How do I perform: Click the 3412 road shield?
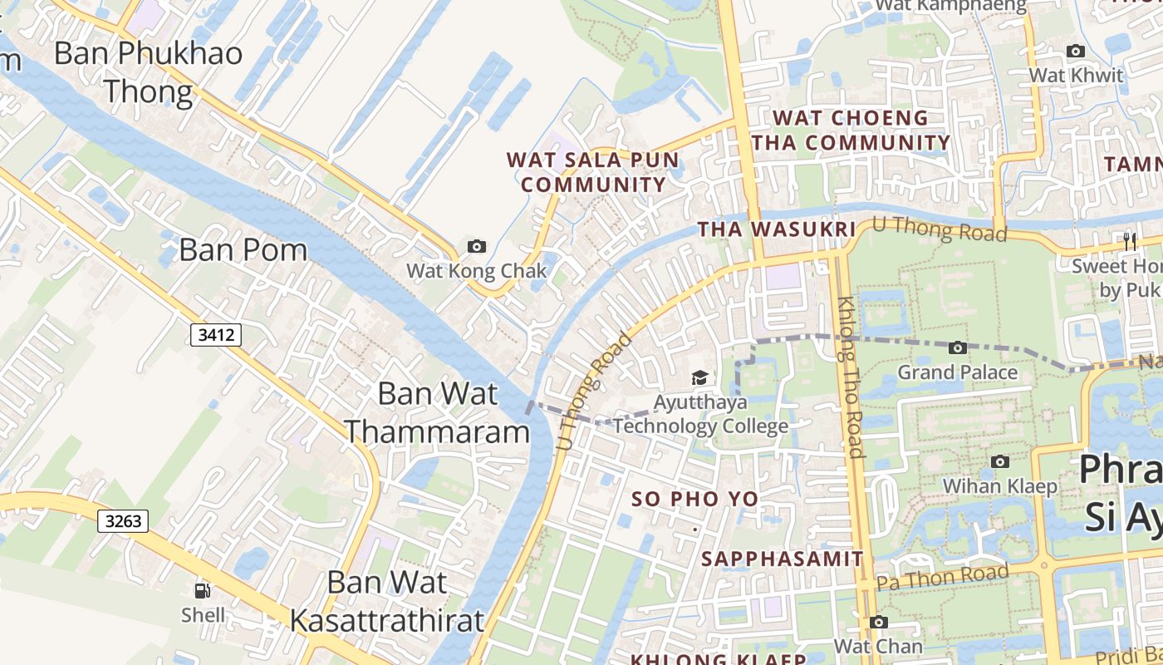click(x=215, y=335)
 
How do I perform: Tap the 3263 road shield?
click(x=123, y=521)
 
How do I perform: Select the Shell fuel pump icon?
click(x=202, y=591)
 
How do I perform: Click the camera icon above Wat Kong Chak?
click(x=476, y=246)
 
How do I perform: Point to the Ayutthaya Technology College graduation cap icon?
click(x=699, y=378)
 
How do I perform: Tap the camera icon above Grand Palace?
click(x=957, y=347)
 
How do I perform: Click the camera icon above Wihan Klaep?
click(x=1000, y=461)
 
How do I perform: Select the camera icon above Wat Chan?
click(x=878, y=622)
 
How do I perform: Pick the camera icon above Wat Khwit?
click(x=1075, y=51)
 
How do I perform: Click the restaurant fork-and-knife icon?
click(x=1129, y=242)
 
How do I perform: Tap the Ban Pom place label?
click(x=243, y=249)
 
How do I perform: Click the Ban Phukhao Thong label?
click(x=148, y=71)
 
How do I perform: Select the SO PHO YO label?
click(x=694, y=499)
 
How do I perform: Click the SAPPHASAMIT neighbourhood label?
click(x=783, y=559)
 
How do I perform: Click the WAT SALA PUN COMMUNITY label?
click(x=593, y=172)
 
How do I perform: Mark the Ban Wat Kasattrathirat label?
click(x=386, y=601)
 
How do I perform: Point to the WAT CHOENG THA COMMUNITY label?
click(x=851, y=131)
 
